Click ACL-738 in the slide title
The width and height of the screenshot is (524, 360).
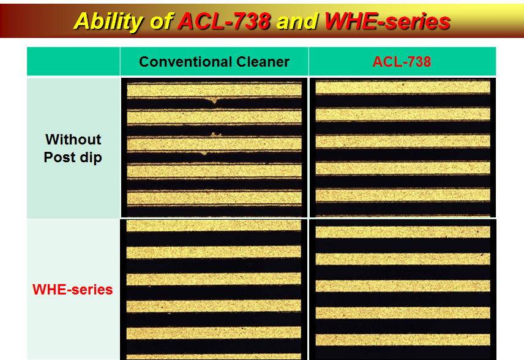[x=224, y=21]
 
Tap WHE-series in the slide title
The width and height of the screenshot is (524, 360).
[x=387, y=21]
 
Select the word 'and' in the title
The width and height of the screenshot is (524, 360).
[x=297, y=21]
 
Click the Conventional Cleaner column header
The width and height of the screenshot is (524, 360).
[x=214, y=62]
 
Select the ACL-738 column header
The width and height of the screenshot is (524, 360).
[x=402, y=62]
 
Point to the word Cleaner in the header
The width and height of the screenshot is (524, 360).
[x=263, y=62]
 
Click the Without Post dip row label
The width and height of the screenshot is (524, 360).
[x=73, y=148]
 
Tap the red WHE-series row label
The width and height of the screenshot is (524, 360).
[x=72, y=290]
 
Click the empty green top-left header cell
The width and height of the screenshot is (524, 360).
[x=73, y=61]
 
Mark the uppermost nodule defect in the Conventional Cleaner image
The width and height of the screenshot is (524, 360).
[x=214, y=100]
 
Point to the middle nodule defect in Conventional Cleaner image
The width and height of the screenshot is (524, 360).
[x=216, y=134]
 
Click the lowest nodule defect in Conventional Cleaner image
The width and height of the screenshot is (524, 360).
[x=204, y=153]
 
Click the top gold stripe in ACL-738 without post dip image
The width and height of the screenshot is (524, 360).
[x=403, y=88]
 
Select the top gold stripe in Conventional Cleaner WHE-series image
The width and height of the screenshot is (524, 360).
[x=214, y=226]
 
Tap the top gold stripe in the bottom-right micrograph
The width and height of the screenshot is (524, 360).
[x=403, y=232]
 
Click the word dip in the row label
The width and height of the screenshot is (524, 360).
[x=91, y=157]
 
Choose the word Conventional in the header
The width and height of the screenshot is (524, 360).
[x=185, y=62]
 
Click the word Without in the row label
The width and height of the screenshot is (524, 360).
[x=73, y=140]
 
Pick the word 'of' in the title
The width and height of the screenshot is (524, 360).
[x=161, y=21]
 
